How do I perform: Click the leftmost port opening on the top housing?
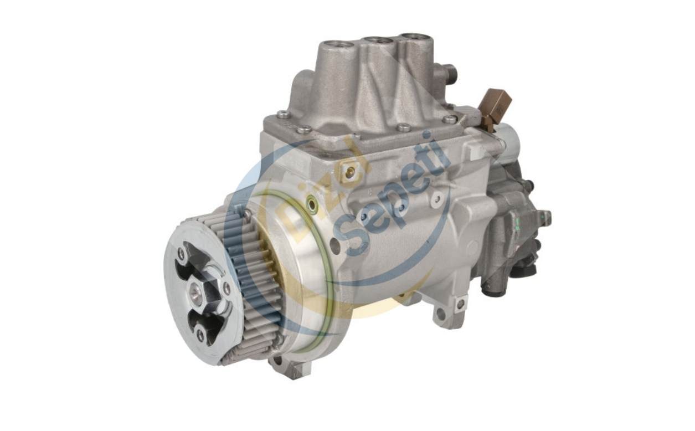(x=337, y=44)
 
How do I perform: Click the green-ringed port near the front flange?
(x=313, y=206)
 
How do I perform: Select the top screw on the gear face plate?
(x=181, y=253)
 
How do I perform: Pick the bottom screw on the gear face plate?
(x=200, y=335)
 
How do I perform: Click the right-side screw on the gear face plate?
(x=226, y=288)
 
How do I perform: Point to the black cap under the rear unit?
(x=523, y=271)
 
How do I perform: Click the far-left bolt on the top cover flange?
(x=283, y=115)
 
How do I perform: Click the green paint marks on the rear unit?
(x=517, y=224)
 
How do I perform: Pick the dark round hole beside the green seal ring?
(x=334, y=244)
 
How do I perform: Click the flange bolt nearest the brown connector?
(x=449, y=119)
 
